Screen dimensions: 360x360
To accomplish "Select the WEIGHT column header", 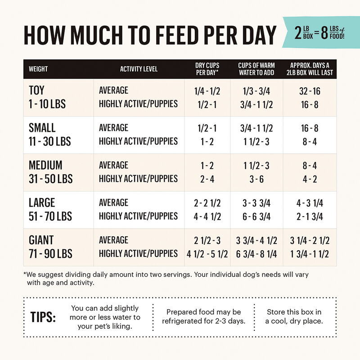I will click(38, 69).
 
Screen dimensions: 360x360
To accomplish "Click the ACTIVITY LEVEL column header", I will click(139, 69).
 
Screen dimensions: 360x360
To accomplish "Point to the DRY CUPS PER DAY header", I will click(207, 69).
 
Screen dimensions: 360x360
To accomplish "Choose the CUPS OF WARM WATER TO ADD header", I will click(256, 69).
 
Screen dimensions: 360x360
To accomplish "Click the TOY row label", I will click(37, 90).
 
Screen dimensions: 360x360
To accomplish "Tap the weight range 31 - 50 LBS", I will click(50, 179).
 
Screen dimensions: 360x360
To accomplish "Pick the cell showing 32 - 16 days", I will click(310, 91).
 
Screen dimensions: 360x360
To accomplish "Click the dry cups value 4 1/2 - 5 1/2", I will click(207, 254).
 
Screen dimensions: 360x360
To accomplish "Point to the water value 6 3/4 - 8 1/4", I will click(256, 254).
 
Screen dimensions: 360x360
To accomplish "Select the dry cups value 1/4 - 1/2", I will click(207, 91).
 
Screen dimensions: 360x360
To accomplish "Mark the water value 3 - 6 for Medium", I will click(256, 179).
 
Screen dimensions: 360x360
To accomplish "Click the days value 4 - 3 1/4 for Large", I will click(310, 203).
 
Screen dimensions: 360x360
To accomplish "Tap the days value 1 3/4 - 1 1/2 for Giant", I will click(310, 254).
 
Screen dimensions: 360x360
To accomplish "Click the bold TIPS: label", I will click(43, 316).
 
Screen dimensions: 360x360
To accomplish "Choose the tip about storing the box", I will click(294, 316).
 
